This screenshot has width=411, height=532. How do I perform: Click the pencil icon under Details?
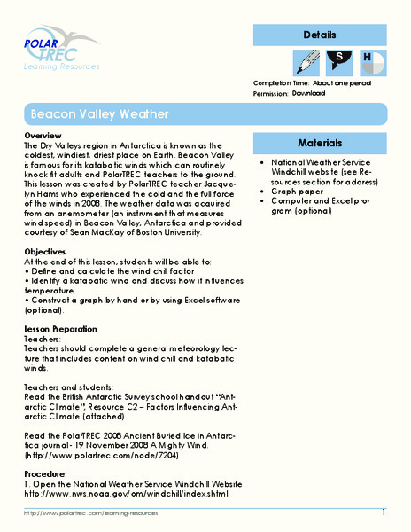coord(306,60)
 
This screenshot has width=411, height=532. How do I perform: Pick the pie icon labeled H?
coord(369,60)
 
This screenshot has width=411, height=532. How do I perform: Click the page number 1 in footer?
coord(384,513)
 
